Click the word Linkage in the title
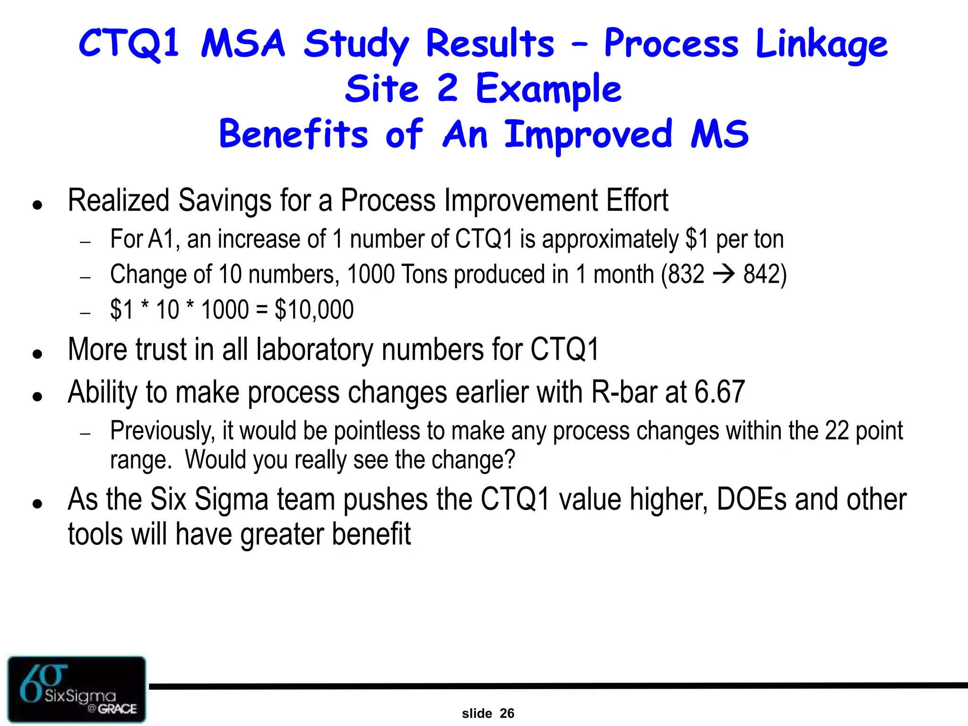(x=821, y=44)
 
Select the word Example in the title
(x=548, y=89)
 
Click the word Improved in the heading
(x=588, y=135)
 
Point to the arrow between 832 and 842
(x=724, y=274)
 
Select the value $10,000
(x=314, y=310)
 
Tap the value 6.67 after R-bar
(x=719, y=392)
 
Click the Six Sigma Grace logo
(x=77, y=689)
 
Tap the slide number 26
(x=507, y=713)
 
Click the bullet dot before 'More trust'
(x=38, y=354)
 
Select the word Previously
(x=162, y=431)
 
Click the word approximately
(x=610, y=239)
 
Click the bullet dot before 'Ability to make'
(x=38, y=396)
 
